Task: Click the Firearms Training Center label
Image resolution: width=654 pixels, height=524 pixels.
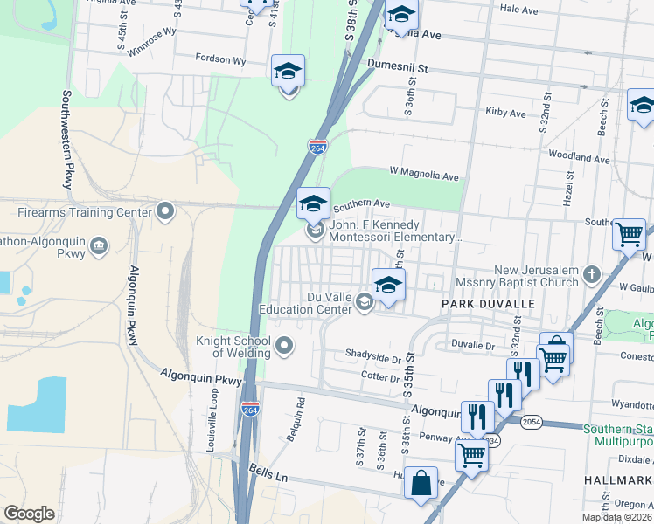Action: point(85,212)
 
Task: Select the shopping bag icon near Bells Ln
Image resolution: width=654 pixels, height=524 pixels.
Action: point(421,483)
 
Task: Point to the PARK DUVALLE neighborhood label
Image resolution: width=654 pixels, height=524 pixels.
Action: point(487,303)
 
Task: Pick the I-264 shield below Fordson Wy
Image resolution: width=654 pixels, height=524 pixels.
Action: point(318,147)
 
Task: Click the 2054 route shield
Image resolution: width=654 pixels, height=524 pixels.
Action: point(531,422)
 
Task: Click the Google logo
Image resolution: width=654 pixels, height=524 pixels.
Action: point(30,513)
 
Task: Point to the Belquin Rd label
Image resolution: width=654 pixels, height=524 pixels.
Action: point(299,417)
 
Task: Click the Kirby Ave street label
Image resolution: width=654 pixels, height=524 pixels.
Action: point(505,114)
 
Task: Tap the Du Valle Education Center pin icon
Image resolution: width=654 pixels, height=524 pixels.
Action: point(365,302)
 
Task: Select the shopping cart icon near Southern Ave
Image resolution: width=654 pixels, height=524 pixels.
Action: point(629,234)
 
